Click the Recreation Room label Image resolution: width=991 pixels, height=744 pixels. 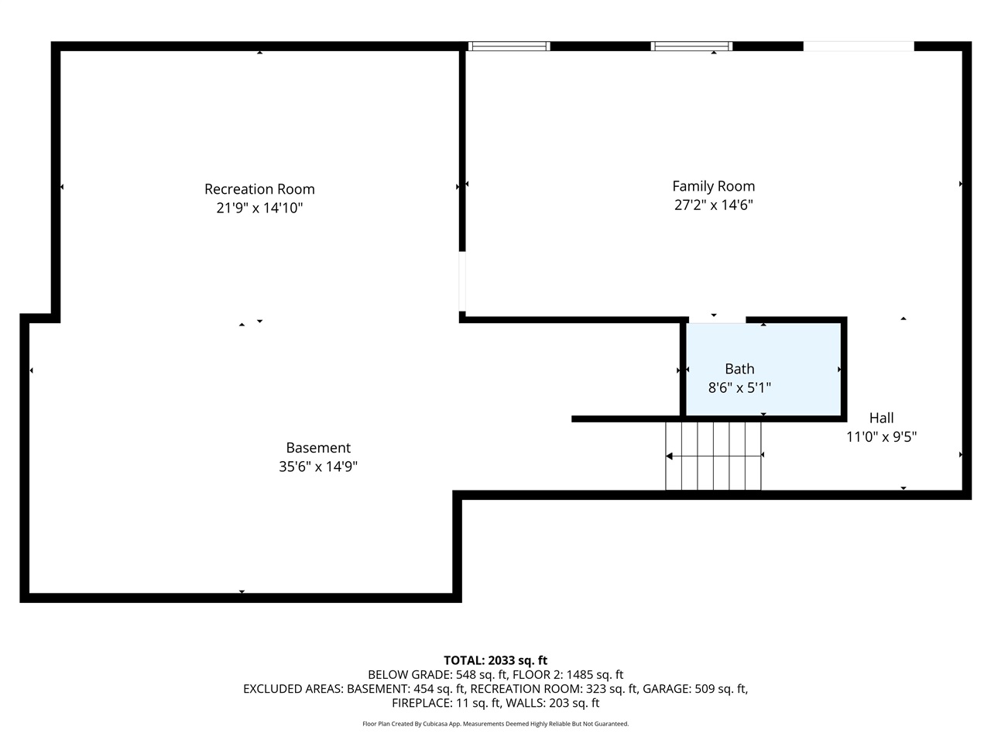(x=259, y=189)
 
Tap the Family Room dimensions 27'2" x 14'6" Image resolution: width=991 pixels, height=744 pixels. (x=713, y=205)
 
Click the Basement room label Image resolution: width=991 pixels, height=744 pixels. (x=318, y=448)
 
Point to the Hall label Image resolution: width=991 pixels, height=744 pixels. (x=881, y=418)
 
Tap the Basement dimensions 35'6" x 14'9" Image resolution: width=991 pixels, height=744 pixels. (x=318, y=467)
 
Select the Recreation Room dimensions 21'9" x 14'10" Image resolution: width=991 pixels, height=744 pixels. (x=259, y=208)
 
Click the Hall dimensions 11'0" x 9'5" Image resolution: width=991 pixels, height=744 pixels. (x=881, y=437)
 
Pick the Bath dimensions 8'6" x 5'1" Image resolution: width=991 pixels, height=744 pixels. (x=739, y=387)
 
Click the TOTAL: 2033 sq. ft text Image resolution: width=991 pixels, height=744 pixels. (x=495, y=660)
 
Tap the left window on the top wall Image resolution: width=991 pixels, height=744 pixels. (x=509, y=46)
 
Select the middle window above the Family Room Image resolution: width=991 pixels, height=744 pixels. (x=691, y=46)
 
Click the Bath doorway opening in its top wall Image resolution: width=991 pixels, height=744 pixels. (x=717, y=319)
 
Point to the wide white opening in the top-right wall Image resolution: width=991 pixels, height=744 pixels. (x=858, y=46)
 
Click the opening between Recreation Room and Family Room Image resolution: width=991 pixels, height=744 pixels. (x=462, y=282)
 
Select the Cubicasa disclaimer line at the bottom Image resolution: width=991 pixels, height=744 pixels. (x=495, y=724)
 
